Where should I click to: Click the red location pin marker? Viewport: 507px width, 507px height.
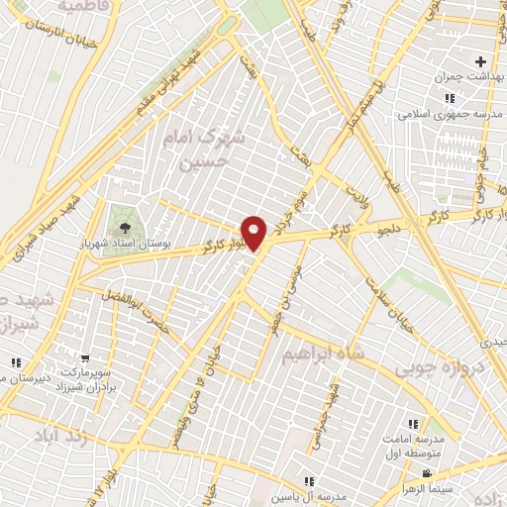[255, 233]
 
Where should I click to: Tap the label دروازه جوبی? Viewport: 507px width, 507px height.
[437, 369]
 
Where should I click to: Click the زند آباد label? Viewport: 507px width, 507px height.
[83, 437]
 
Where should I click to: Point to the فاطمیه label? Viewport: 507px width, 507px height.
[84, 6]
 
